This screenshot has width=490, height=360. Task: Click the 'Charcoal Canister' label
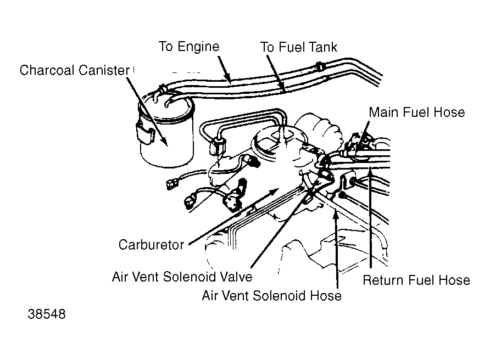click(x=74, y=70)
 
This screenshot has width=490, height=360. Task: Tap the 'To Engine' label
click(x=189, y=47)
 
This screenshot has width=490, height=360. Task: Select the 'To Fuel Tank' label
click(x=299, y=47)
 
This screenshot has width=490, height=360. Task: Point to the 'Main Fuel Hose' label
click(x=416, y=113)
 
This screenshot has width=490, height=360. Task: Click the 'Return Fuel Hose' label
click(x=416, y=280)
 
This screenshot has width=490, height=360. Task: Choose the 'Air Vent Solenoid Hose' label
click(x=271, y=295)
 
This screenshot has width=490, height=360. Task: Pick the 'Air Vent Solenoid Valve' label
click(x=182, y=277)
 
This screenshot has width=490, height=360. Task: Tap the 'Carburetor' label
click(x=151, y=244)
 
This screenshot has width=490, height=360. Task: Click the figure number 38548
click(x=47, y=314)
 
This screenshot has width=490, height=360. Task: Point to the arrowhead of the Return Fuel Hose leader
click(x=370, y=170)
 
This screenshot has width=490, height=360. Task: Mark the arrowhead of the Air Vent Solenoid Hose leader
click(x=337, y=215)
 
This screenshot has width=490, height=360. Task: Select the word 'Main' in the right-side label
click(x=384, y=113)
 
